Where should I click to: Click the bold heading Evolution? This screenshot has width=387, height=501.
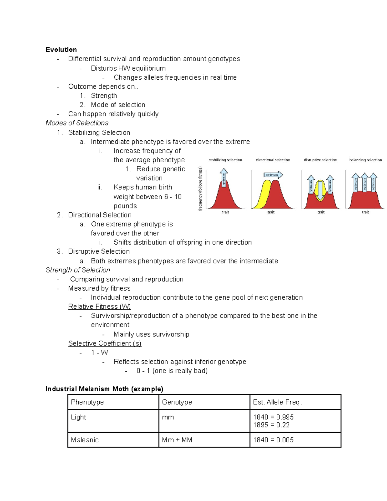pos(61,49)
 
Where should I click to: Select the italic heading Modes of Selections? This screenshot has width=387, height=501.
pos(77,123)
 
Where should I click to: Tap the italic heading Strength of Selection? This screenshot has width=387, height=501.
pos(78,270)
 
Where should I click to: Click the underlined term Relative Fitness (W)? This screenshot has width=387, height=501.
pos(99,306)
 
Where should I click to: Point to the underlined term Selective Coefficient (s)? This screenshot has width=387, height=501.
pos(104,343)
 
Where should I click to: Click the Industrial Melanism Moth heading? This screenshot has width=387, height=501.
pos(104,389)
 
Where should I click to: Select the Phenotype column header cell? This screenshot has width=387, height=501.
pos(87,402)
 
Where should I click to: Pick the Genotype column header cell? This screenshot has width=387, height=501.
pos(177,402)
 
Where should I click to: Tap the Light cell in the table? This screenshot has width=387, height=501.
pos(78,417)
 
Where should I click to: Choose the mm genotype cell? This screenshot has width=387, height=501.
pos(168,417)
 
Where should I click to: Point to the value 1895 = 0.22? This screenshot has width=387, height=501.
pos(271,425)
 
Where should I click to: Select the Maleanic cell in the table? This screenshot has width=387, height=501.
pos(84,440)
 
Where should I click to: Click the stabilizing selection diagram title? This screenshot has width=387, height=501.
pos(225,160)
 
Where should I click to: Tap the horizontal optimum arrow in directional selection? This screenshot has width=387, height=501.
pos(273,175)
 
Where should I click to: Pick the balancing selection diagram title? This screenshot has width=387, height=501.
pos(365,160)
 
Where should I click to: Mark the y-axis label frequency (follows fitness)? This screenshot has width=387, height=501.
pos(200,189)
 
